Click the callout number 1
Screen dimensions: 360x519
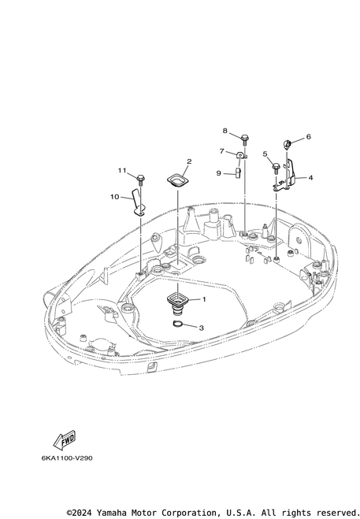[x=204, y=299]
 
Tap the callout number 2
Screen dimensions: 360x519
[x=189, y=161]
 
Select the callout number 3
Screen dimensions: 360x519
[x=201, y=328]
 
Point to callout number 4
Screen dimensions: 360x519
[x=310, y=178]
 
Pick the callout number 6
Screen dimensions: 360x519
[x=308, y=137]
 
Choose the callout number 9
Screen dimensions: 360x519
[x=218, y=173]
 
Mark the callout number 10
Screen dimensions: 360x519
[x=114, y=197]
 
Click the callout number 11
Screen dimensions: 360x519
[x=122, y=170]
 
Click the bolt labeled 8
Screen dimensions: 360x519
[x=245, y=139]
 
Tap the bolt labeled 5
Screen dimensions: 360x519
[x=276, y=168]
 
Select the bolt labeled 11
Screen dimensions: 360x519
[x=140, y=179]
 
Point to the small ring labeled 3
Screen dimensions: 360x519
[x=178, y=324]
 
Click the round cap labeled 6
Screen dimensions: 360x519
[x=287, y=143]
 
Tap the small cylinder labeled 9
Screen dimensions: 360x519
[x=238, y=172]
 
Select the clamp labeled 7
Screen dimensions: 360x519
[x=242, y=155]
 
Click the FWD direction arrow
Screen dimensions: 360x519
[x=65, y=440]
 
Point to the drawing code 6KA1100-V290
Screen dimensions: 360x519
[x=67, y=458]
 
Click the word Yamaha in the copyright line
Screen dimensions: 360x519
[x=113, y=513]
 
